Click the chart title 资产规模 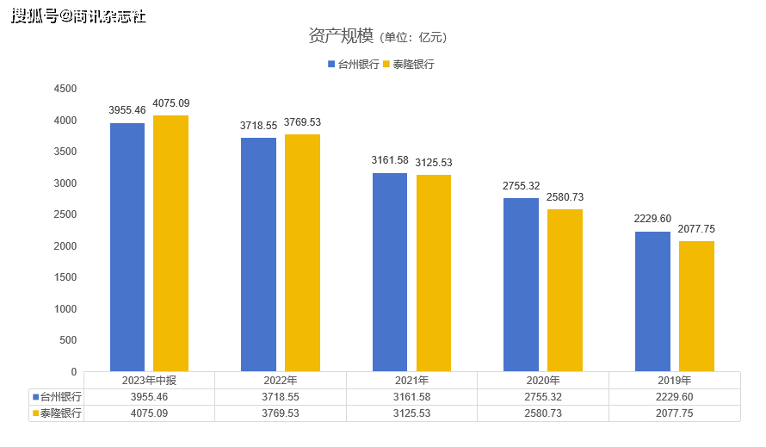coord(341,35)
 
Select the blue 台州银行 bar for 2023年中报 coord(127,247)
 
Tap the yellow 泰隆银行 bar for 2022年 coord(302,252)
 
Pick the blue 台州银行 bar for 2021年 coord(390,272)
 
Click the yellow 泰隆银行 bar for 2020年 coord(565,290)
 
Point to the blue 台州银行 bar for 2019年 coord(652,301)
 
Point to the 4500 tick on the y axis coord(65,89)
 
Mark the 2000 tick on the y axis coord(65,246)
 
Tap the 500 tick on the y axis coord(68,340)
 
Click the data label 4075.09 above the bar coord(171,103)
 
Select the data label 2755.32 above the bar coord(521,186)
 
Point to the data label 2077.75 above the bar coord(696,229)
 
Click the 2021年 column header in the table coord(411,380)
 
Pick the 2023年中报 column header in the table coord(149,380)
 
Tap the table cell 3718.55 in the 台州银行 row coord(281,397)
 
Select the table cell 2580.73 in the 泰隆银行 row coord(543,413)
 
